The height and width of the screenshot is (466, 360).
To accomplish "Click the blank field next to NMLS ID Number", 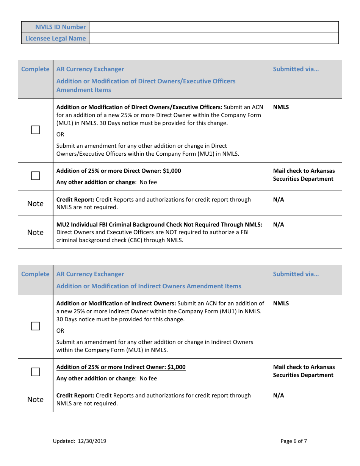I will point(213,27).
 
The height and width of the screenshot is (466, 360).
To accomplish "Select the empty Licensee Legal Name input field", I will point(213,38).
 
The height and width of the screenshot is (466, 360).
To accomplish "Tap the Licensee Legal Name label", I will point(55,38).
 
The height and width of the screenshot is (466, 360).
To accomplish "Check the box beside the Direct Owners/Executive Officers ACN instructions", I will point(35,130).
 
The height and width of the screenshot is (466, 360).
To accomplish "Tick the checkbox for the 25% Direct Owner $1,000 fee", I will point(35,176).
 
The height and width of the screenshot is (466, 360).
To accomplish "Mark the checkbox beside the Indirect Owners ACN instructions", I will point(35,326).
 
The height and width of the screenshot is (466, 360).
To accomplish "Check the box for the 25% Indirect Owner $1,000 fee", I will point(35,372).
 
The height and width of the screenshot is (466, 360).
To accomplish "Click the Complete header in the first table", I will point(35,69).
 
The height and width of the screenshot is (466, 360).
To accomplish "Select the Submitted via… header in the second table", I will point(296,274).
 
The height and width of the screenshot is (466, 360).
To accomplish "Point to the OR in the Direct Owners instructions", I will point(60,134).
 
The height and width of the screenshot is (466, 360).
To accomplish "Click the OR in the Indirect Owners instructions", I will point(60,331).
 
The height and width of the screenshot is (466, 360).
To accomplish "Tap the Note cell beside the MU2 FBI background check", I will point(35,232).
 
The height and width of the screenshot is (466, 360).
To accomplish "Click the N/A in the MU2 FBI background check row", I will point(278,225).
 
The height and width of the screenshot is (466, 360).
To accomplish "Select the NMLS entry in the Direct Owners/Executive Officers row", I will point(281,107).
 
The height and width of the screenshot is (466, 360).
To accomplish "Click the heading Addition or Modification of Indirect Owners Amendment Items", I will point(149,286).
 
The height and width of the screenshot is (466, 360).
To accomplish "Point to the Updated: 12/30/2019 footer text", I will point(80,441).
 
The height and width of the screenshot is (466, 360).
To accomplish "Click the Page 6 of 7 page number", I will point(293,441).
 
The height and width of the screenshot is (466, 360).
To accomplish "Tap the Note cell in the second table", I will point(35,399).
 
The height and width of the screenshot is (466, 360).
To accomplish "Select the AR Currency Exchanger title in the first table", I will point(90,69).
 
